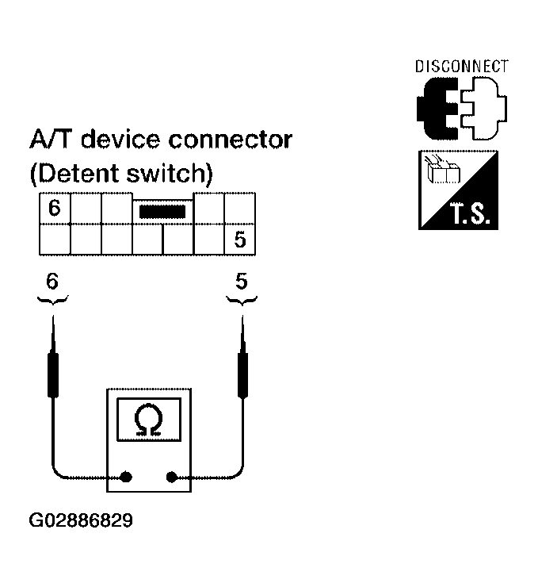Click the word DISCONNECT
(x=461, y=67)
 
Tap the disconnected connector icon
(x=461, y=107)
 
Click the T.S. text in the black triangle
(x=474, y=214)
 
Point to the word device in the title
(x=123, y=140)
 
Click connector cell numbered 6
(x=54, y=209)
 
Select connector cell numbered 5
(x=239, y=240)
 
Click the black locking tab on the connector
(x=162, y=212)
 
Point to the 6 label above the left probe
(x=52, y=281)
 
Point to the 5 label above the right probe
(x=241, y=281)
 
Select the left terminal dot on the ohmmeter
(x=125, y=478)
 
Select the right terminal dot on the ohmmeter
(x=171, y=478)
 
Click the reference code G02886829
(x=81, y=521)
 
